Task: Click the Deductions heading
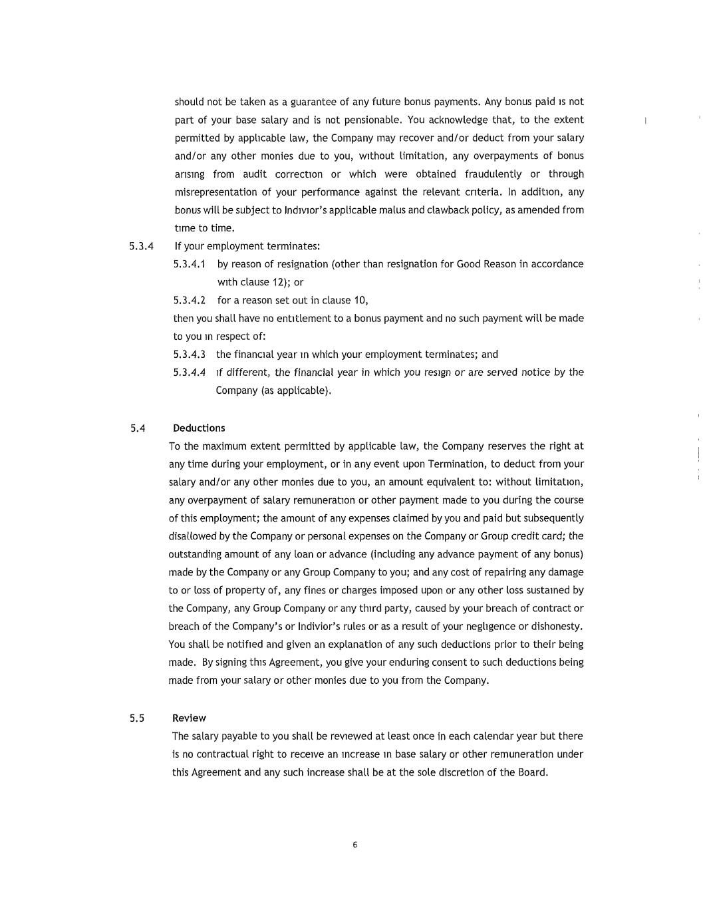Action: [x=199, y=428]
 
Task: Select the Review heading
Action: [x=189, y=718]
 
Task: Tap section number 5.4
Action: [x=138, y=428]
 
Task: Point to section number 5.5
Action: [x=137, y=718]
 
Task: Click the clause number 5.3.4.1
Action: [x=189, y=264]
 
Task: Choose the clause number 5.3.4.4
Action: [x=189, y=373]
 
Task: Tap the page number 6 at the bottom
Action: [x=354, y=845]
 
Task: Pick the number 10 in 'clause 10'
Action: [x=359, y=300]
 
